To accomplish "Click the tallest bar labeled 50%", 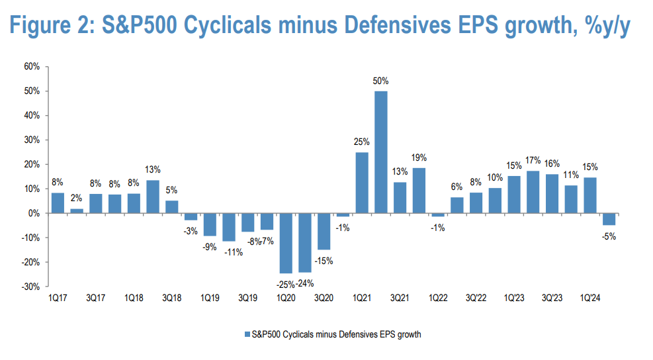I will click(x=381, y=152).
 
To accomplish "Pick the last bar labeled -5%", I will click(x=609, y=219).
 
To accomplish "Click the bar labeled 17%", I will click(x=533, y=192).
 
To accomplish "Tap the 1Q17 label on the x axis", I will click(x=58, y=298).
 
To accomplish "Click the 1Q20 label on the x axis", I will click(x=286, y=298).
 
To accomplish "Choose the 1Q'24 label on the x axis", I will click(x=589, y=298).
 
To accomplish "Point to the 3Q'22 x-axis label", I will click(x=476, y=298).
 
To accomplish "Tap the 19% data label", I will click(x=419, y=157).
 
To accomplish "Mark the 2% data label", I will click(x=77, y=199).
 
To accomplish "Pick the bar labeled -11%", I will click(x=229, y=227).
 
